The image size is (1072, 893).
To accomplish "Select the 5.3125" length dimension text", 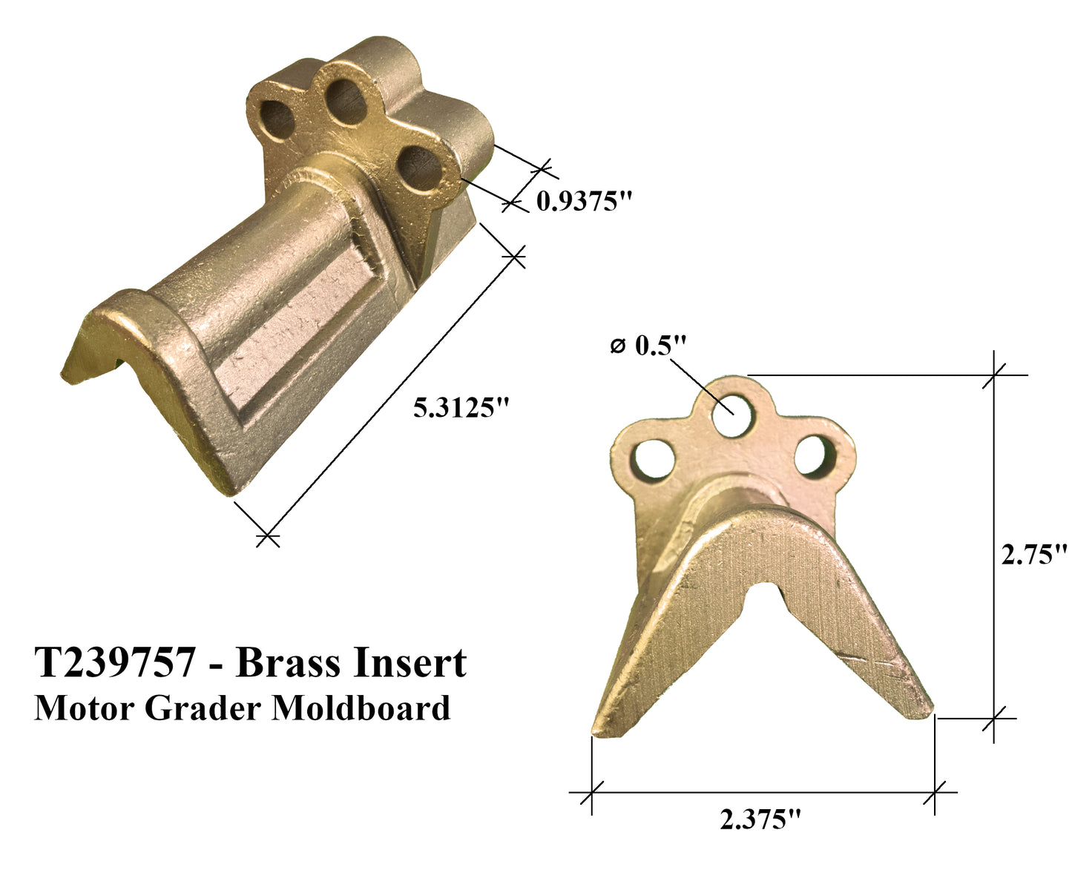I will click(x=464, y=407).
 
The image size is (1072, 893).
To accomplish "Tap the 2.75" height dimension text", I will click(x=1033, y=555).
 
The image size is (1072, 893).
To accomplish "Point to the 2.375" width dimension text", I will click(x=761, y=819).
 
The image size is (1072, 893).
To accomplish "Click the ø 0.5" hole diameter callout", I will click(x=648, y=346).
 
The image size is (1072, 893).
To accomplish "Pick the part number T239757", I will click(x=115, y=662).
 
